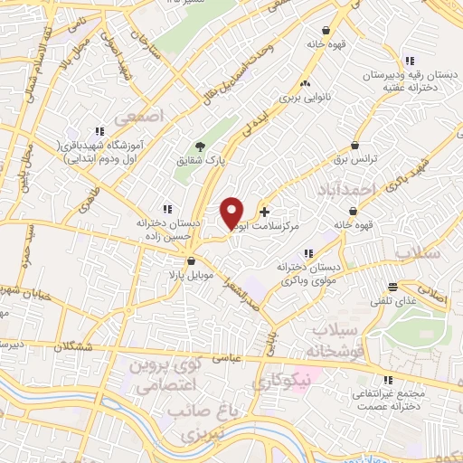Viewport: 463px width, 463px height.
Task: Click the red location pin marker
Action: click(232, 212)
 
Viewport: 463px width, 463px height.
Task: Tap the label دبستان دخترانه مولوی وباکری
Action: click(309, 274)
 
